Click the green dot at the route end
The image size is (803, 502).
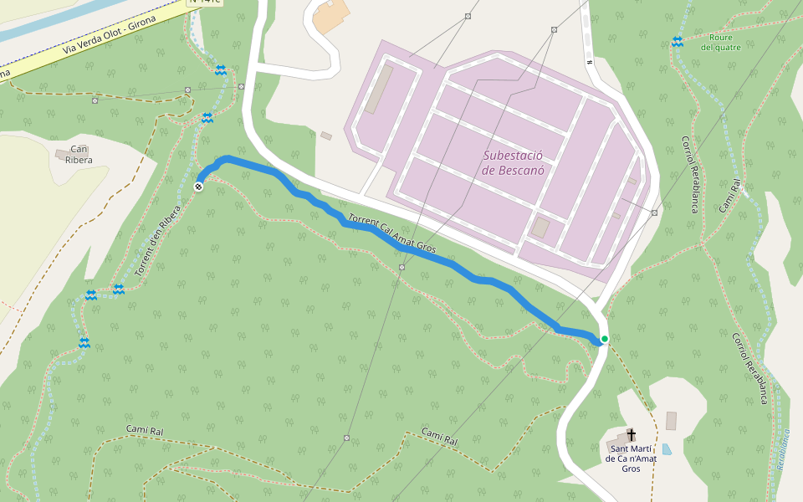(x=604, y=339)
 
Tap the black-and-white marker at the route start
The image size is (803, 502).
(x=199, y=187)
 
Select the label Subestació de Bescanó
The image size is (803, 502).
(x=513, y=162)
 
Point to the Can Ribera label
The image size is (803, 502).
(x=78, y=154)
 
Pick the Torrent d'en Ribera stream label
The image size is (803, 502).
(x=158, y=242)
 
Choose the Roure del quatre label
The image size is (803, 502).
(x=720, y=42)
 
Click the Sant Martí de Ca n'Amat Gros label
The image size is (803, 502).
(x=632, y=458)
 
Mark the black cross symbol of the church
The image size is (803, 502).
(x=632, y=434)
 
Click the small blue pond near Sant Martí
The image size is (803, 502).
(x=666, y=449)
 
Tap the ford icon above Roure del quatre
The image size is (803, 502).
(x=677, y=41)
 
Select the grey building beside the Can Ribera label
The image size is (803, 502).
(x=62, y=154)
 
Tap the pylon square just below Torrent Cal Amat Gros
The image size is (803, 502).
(x=402, y=267)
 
